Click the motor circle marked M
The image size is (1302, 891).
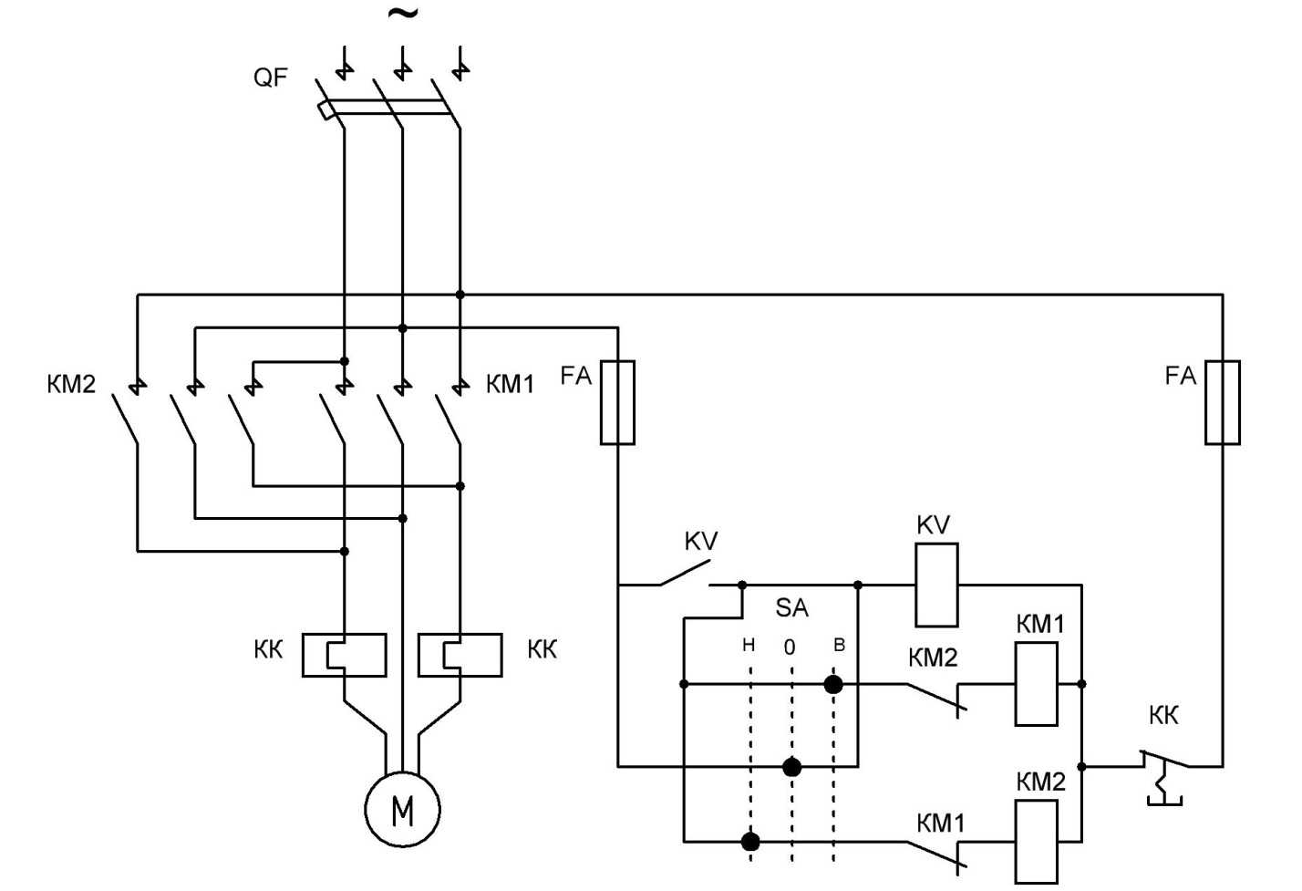click(x=402, y=809)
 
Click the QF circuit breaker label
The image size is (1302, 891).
click(x=270, y=77)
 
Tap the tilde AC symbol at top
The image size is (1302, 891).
click(x=403, y=14)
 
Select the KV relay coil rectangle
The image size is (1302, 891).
click(x=936, y=585)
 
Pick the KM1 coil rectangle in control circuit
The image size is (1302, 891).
click(x=1037, y=683)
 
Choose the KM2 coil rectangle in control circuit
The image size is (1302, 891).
click(x=1037, y=841)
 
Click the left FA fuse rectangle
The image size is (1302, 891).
click(x=617, y=402)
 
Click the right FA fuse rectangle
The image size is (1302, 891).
click(x=1222, y=402)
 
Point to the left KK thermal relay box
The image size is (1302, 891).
click(x=344, y=655)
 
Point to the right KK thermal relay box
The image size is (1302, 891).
click(x=460, y=655)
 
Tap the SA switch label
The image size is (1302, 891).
click(x=791, y=607)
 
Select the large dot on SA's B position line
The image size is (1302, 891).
click(x=833, y=684)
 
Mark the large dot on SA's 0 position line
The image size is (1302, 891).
click(x=791, y=767)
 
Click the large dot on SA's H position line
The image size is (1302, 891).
click(x=750, y=841)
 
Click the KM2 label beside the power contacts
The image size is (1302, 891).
click(x=71, y=384)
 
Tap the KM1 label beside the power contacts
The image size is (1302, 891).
click(x=510, y=384)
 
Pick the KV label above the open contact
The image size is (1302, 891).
click(x=700, y=541)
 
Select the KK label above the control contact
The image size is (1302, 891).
click(x=1163, y=715)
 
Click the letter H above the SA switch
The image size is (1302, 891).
click(x=749, y=645)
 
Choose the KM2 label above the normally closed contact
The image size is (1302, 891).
click(x=933, y=658)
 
